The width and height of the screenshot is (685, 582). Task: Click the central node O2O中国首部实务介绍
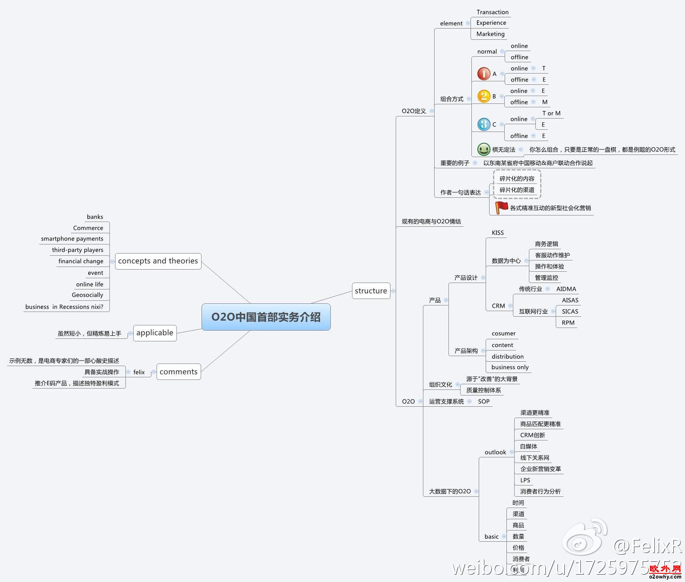[x=266, y=317]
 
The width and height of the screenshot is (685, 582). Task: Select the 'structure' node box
[x=371, y=291]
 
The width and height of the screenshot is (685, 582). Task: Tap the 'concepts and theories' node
[x=158, y=261]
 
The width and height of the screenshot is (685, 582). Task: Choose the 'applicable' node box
[x=155, y=333]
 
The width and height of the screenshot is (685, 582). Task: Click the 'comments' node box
[x=179, y=372]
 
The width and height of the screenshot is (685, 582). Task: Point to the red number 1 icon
[x=483, y=74]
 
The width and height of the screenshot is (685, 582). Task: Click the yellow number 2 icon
[x=483, y=96]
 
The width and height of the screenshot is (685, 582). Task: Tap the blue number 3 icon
[x=483, y=125]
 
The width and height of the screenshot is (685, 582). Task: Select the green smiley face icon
[x=483, y=149]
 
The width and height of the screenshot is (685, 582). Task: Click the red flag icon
[x=501, y=207]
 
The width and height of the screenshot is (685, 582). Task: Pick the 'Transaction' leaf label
[x=492, y=12]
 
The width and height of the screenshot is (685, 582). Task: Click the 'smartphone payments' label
[x=72, y=239]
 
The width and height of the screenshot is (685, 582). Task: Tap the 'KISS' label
[x=498, y=233]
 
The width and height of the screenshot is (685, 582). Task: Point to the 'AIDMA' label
[x=566, y=289]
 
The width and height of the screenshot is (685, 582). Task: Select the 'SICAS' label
[x=570, y=312]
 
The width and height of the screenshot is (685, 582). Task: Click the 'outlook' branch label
[x=495, y=452]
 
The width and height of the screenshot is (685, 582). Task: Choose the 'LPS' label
[x=525, y=480]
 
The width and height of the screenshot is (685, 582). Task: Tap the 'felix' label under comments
[x=139, y=372]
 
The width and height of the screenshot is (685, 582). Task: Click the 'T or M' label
[x=551, y=113]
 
